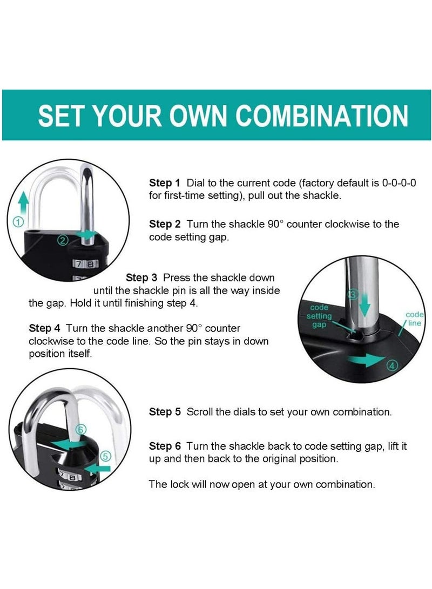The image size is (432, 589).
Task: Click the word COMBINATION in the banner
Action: click(x=322, y=116)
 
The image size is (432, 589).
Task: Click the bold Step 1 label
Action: click(x=165, y=183)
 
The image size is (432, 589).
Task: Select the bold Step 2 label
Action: click(x=165, y=224)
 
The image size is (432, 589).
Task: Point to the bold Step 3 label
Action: click(x=141, y=277)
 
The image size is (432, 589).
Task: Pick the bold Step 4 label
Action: click(x=44, y=328)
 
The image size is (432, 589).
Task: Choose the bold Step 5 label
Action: click(x=165, y=412)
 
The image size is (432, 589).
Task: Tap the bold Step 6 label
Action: click(x=165, y=446)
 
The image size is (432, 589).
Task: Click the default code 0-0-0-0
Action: click(x=399, y=183)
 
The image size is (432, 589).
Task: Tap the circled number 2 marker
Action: click(x=63, y=241)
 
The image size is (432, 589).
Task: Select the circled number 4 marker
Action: click(x=392, y=365)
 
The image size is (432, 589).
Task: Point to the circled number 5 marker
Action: click(x=105, y=456)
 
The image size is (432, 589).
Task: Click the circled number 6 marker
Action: click(x=81, y=430)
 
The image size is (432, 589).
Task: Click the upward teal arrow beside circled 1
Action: click(x=23, y=203)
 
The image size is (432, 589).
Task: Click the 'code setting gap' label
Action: click(x=319, y=316)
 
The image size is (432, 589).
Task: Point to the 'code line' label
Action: click(x=414, y=319)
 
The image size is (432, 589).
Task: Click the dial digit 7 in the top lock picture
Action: click(x=78, y=264)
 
